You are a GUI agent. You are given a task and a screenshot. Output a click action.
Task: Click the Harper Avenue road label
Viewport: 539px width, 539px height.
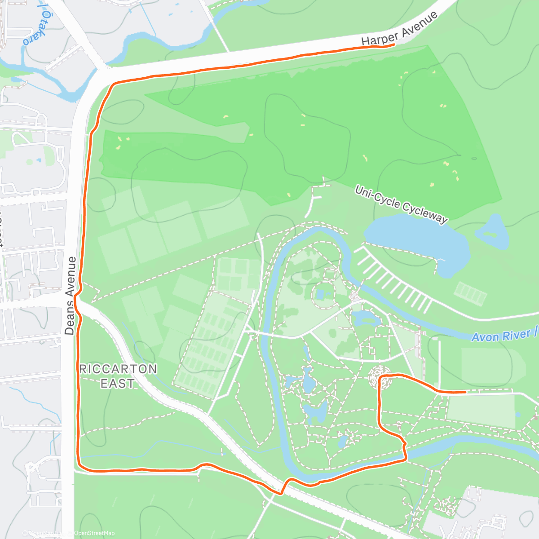(x=399, y=29)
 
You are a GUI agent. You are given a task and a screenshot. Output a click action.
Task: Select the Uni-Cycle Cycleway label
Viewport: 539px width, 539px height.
(x=401, y=204)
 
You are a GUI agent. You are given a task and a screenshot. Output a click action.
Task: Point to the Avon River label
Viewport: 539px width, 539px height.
(x=503, y=335)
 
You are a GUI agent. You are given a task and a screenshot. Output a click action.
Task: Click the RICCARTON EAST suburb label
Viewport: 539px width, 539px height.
(x=118, y=376)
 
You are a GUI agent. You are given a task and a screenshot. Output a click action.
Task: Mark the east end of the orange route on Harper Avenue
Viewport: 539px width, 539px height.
(x=394, y=44)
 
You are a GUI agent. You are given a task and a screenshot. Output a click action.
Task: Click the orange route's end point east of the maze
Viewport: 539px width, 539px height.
(x=465, y=392)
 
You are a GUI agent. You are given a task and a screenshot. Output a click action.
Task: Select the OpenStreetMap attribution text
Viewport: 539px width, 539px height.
(x=94, y=533)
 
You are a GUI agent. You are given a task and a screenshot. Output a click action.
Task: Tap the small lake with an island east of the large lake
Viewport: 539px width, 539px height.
(x=493, y=232)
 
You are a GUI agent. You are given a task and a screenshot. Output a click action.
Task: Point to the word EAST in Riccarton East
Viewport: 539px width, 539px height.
(x=118, y=384)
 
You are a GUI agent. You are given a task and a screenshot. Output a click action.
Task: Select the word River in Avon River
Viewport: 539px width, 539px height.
(x=518, y=334)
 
